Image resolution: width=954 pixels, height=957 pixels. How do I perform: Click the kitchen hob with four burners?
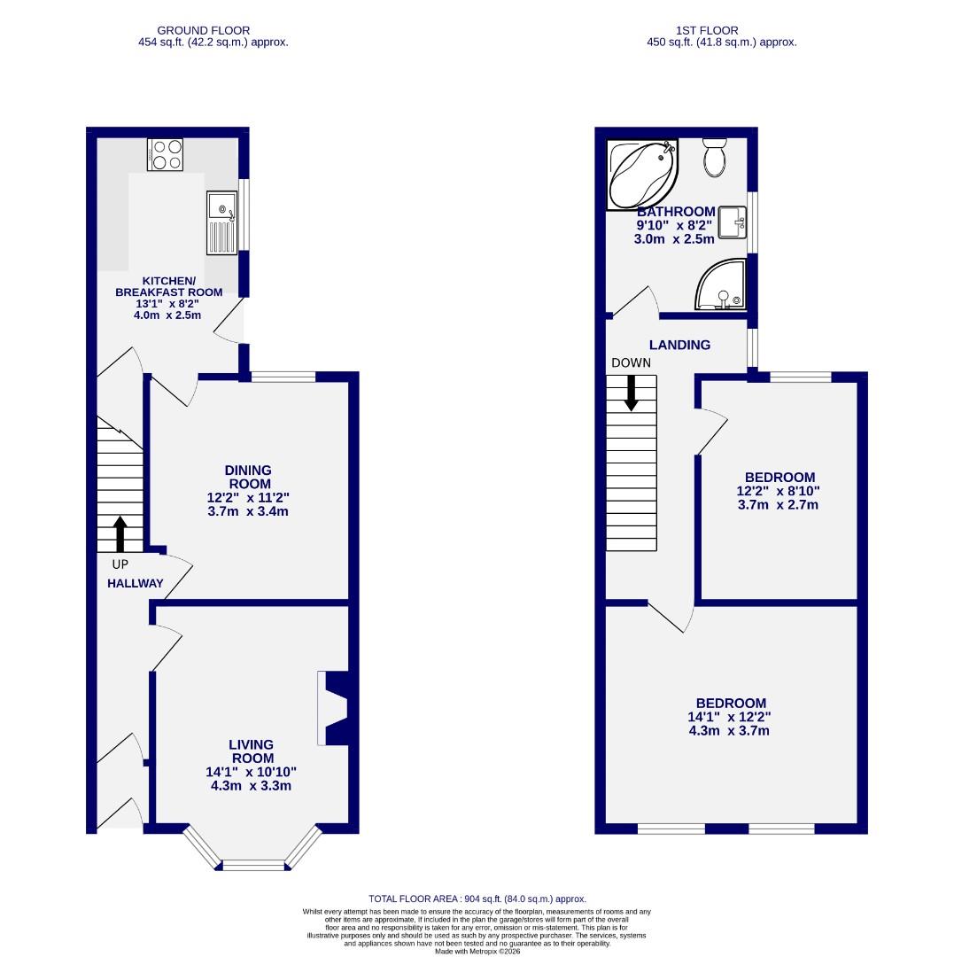coord(166,155)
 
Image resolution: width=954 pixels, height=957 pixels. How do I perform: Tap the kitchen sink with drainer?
coord(221,222)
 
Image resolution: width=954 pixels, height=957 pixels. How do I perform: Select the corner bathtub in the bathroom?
coord(641,175)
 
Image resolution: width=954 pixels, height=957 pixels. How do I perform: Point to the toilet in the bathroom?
coord(714,157)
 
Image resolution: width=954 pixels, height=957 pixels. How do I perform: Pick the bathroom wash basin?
coord(732,222)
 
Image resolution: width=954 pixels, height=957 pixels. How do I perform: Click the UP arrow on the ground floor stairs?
coord(120,534)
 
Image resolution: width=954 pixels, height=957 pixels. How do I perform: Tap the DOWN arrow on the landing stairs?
coord(631,393)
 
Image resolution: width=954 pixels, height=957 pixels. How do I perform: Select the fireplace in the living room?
coord(333,709)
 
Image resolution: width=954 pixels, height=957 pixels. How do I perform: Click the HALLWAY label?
coord(135,583)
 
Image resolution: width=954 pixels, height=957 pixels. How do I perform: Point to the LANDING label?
coord(679,345)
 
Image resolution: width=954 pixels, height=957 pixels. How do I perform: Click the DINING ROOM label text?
coord(249,477)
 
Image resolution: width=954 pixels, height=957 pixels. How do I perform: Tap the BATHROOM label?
coord(676,212)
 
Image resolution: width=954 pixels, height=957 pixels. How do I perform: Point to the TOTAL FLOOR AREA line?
coord(477,899)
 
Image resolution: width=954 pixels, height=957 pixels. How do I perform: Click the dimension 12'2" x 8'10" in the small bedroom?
coord(777,491)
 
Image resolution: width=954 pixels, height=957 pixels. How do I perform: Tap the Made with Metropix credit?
coord(477,952)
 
